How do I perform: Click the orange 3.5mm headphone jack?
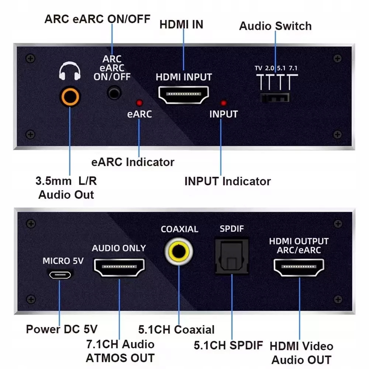[70, 97]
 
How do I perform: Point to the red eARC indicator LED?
[139, 102]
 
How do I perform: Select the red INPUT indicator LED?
[223, 103]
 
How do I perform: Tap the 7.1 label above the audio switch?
[293, 68]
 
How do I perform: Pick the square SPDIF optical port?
[232, 256]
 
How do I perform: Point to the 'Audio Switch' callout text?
[275, 26]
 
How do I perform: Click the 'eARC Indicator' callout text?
[133, 162]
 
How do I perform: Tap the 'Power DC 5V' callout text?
[62, 329]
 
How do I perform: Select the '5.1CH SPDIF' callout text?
[228, 345]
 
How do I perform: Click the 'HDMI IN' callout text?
[181, 24]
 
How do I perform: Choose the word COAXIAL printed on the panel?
[179, 229]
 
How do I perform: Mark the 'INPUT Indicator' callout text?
[227, 181]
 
